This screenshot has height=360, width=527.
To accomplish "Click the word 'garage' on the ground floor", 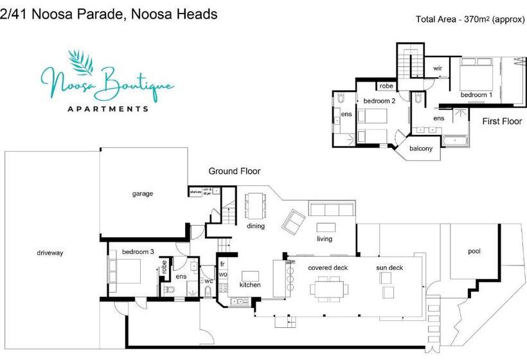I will coord(143,194).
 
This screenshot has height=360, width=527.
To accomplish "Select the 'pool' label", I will coord(474,251).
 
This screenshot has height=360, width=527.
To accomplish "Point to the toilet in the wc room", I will coord(208,291).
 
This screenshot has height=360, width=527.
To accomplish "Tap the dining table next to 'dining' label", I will coord(256,206).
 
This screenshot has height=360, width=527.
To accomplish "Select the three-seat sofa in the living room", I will coord(331,209).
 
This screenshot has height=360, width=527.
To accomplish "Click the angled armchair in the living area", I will coord(294,221).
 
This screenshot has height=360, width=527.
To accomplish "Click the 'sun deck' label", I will coord(389,267).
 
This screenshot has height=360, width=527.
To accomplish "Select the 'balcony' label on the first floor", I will coord(421,149).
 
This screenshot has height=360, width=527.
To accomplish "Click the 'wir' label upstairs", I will coord(437,68).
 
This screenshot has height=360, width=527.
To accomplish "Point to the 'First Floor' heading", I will coord(502,121).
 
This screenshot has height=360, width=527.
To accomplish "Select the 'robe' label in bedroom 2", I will coord(386,85).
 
